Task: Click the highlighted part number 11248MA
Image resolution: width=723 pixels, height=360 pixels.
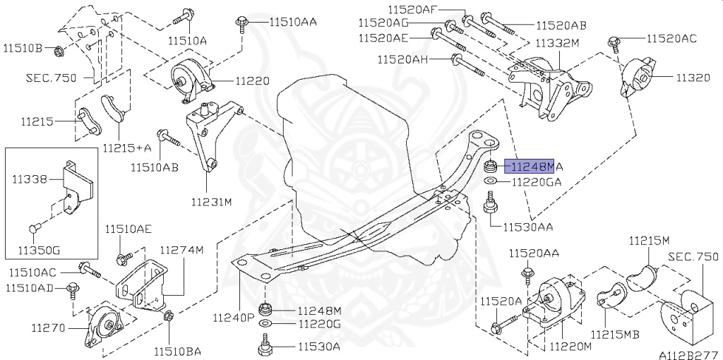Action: (x=533, y=167)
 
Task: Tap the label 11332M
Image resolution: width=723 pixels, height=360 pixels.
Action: (x=557, y=43)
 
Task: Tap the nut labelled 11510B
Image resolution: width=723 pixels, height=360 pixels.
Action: (x=59, y=50)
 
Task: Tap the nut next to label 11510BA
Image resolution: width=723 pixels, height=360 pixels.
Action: (x=169, y=318)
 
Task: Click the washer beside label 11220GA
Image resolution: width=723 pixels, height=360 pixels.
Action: (x=489, y=181)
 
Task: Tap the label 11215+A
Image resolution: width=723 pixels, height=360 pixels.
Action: (x=127, y=148)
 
